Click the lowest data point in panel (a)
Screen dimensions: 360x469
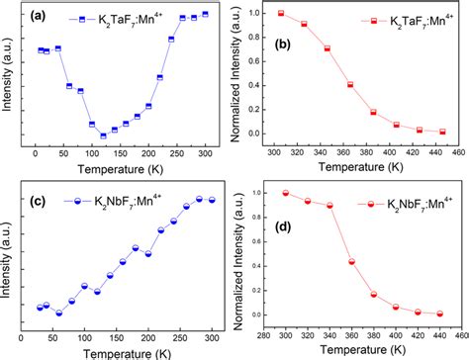(103, 135)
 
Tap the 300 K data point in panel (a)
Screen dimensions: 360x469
(205, 14)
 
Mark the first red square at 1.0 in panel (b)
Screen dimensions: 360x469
(308, 14)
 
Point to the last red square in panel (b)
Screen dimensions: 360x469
(442, 132)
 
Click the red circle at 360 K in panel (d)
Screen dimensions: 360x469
(352, 261)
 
